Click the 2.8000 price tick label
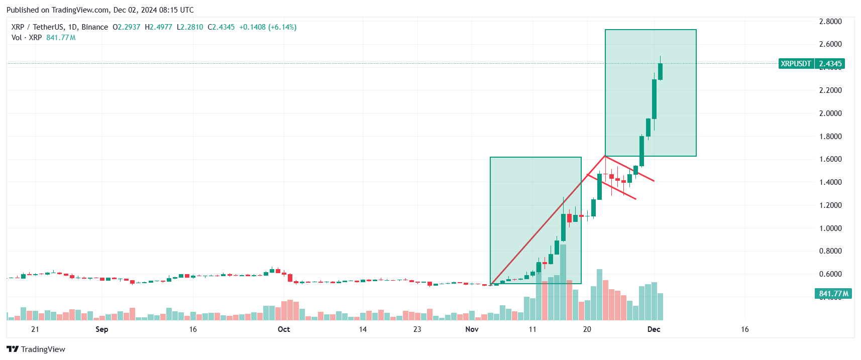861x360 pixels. pyautogui.click(x=830, y=22)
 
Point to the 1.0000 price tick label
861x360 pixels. pyautogui.click(x=830, y=228)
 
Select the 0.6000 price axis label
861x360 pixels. pyautogui.click(x=830, y=274)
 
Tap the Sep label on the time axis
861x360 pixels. pyautogui.click(x=102, y=329)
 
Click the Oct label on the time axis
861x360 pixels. pyautogui.click(x=284, y=329)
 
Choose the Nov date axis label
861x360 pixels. pyautogui.click(x=472, y=329)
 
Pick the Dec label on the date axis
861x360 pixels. pyautogui.click(x=654, y=329)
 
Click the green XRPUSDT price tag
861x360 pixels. pyautogui.click(x=796, y=64)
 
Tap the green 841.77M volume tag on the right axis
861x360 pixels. pyautogui.click(x=833, y=294)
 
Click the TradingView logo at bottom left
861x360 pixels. pyautogui.click(x=36, y=349)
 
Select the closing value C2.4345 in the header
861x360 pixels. pyautogui.click(x=221, y=27)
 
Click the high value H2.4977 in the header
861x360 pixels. pyautogui.click(x=158, y=27)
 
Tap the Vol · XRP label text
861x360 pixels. pyautogui.click(x=27, y=38)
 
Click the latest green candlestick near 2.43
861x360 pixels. pyautogui.click(x=660, y=71)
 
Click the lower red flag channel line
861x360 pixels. pyautogui.click(x=612, y=187)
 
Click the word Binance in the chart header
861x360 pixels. pyautogui.click(x=94, y=27)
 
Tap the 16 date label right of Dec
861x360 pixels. pyautogui.click(x=744, y=329)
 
